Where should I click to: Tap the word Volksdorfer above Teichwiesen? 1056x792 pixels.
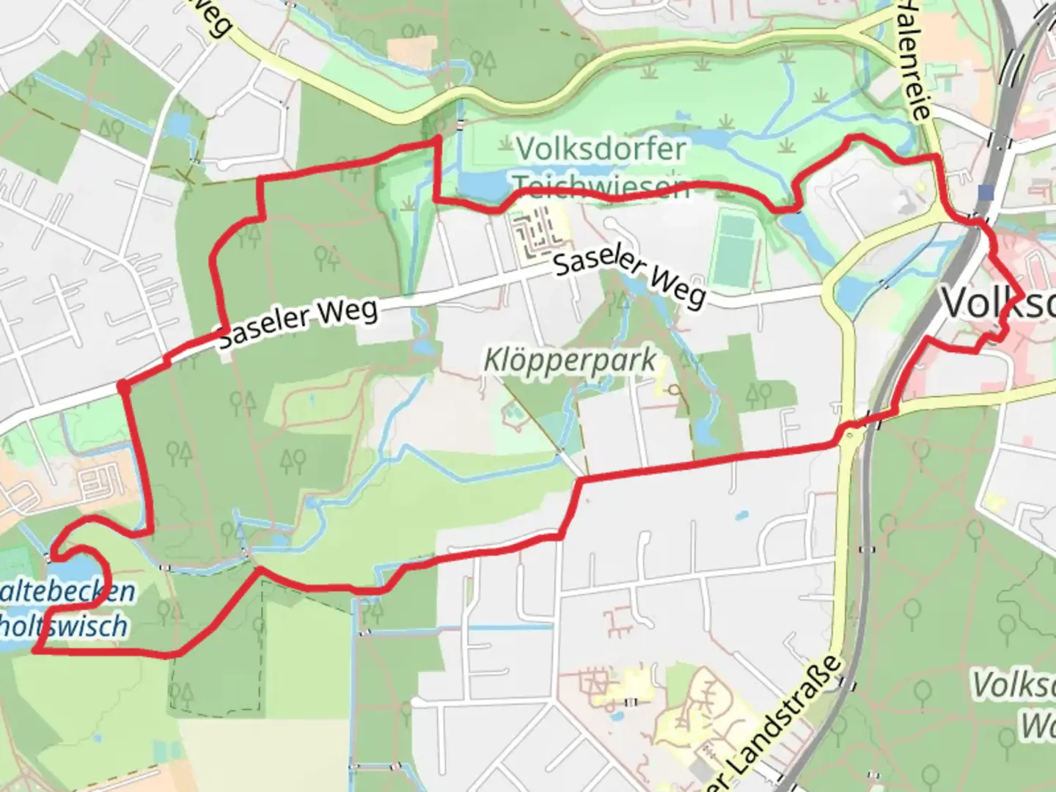click(x=601, y=150)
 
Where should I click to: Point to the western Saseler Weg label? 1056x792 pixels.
click(x=299, y=323)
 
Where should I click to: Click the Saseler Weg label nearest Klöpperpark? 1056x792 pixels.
click(x=629, y=279)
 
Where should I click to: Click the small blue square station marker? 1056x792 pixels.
click(x=986, y=192)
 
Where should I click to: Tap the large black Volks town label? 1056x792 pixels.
click(x=997, y=302)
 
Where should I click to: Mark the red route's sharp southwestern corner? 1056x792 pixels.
click(x=35, y=650)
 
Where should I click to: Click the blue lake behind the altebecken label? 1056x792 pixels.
click(x=73, y=572)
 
